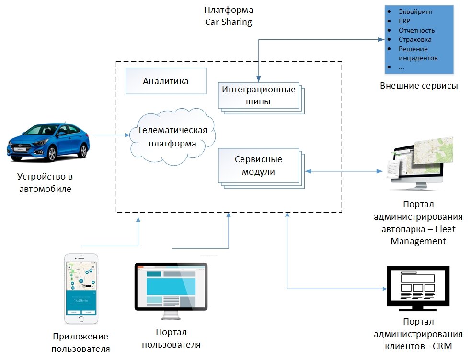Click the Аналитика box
pyautogui.click(x=166, y=81)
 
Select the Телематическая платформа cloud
pyautogui.click(x=172, y=137)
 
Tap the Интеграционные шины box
pyautogui.click(x=259, y=95)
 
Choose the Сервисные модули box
pyautogui.click(x=258, y=165)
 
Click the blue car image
pyautogui.click(x=48, y=143)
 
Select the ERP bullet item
pyautogui.click(x=404, y=21)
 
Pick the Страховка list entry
pyautogui.click(x=415, y=39)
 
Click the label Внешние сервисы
pyautogui.click(x=419, y=86)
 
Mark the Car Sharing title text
pyautogui.click(x=228, y=22)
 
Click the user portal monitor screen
pyautogui.click(x=171, y=286)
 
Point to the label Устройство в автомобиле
pyautogui.click(x=45, y=182)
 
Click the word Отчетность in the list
pyautogui.click(x=416, y=30)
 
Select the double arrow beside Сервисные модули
pyautogui.click(x=344, y=171)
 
